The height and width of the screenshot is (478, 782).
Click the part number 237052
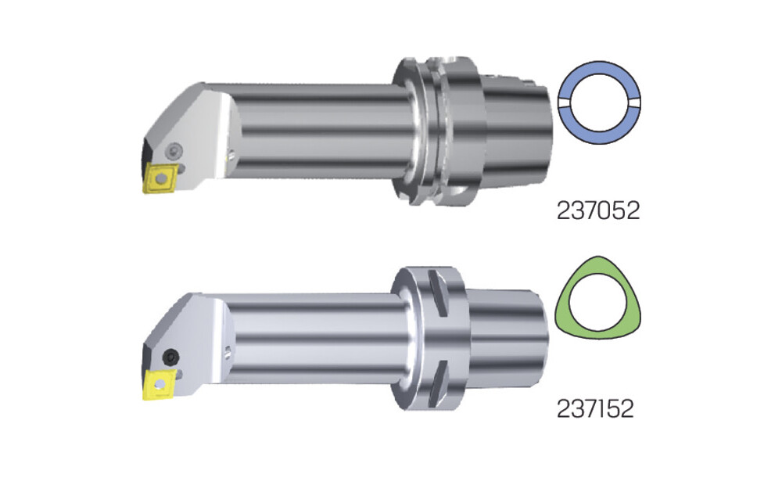[598, 211]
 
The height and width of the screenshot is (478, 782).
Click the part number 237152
[595, 408]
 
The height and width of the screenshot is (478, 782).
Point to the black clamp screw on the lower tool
[171, 356]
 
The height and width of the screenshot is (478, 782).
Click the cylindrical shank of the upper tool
[319, 131]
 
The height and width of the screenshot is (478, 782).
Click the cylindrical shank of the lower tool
[319, 340]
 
